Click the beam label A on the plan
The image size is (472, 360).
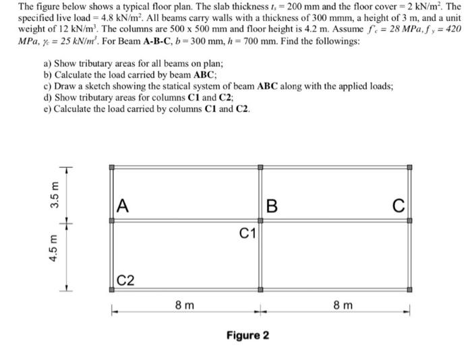pyautogui.click(x=122, y=205)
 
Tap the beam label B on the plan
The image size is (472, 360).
pyautogui.click(x=272, y=206)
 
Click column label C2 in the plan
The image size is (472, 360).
pyautogui.click(x=125, y=279)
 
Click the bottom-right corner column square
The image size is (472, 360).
pyautogui.click(x=409, y=291)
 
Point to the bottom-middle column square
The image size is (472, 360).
pyautogui.click(x=260, y=291)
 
